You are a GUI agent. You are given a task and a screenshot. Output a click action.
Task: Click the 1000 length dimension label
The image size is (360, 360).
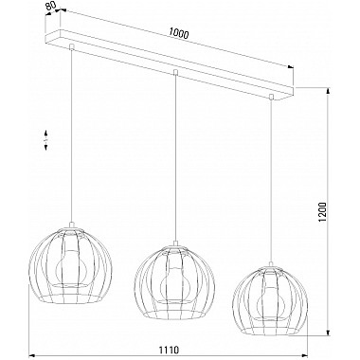[179, 33]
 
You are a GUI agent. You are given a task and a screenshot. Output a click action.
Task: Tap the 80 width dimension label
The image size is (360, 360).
[51, 7]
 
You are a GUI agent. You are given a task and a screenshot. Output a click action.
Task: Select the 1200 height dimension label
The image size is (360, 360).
[323, 212]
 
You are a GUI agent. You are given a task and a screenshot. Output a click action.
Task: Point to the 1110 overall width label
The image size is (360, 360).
[169, 350]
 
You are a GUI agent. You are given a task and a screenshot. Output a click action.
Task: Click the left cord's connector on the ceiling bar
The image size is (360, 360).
[72, 47]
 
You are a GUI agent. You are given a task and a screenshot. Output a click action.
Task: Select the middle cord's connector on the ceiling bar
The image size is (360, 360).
[175, 72]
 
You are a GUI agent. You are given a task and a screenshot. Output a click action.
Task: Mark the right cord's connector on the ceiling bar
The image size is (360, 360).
[271, 96]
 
